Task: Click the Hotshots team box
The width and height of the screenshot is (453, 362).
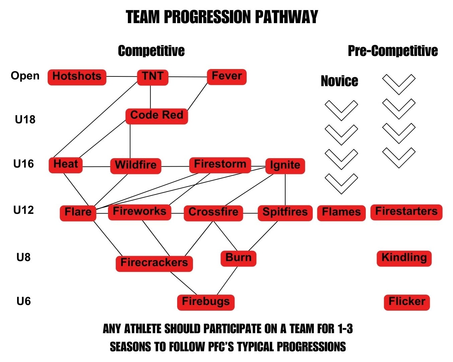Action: (77, 77)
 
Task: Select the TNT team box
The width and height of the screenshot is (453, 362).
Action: (153, 77)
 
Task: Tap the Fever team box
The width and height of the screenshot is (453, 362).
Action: (226, 77)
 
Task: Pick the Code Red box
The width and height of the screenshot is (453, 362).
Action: (157, 116)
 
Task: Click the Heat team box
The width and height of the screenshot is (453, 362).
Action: (65, 165)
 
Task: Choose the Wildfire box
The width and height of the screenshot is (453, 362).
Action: (136, 166)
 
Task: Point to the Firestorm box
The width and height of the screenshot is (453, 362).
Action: (220, 165)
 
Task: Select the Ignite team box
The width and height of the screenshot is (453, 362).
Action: (285, 166)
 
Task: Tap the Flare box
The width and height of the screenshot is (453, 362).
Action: (78, 213)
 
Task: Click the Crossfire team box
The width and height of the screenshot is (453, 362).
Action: (213, 213)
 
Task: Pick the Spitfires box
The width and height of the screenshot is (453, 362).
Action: (285, 213)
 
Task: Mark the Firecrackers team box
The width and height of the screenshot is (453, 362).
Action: (154, 263)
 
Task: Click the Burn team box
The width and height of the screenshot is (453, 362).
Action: (238, 258)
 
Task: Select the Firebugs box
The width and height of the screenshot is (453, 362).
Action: (206, 302)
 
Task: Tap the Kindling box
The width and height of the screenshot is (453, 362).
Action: (404, 258)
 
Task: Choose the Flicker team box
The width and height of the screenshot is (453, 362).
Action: (407, 302)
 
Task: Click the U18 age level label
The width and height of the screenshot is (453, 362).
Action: (25, 119)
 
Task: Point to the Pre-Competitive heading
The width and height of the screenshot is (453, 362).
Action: (393, 51)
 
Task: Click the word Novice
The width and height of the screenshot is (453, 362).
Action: (339, 81)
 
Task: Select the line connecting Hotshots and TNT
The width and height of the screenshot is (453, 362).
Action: (122, 77)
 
